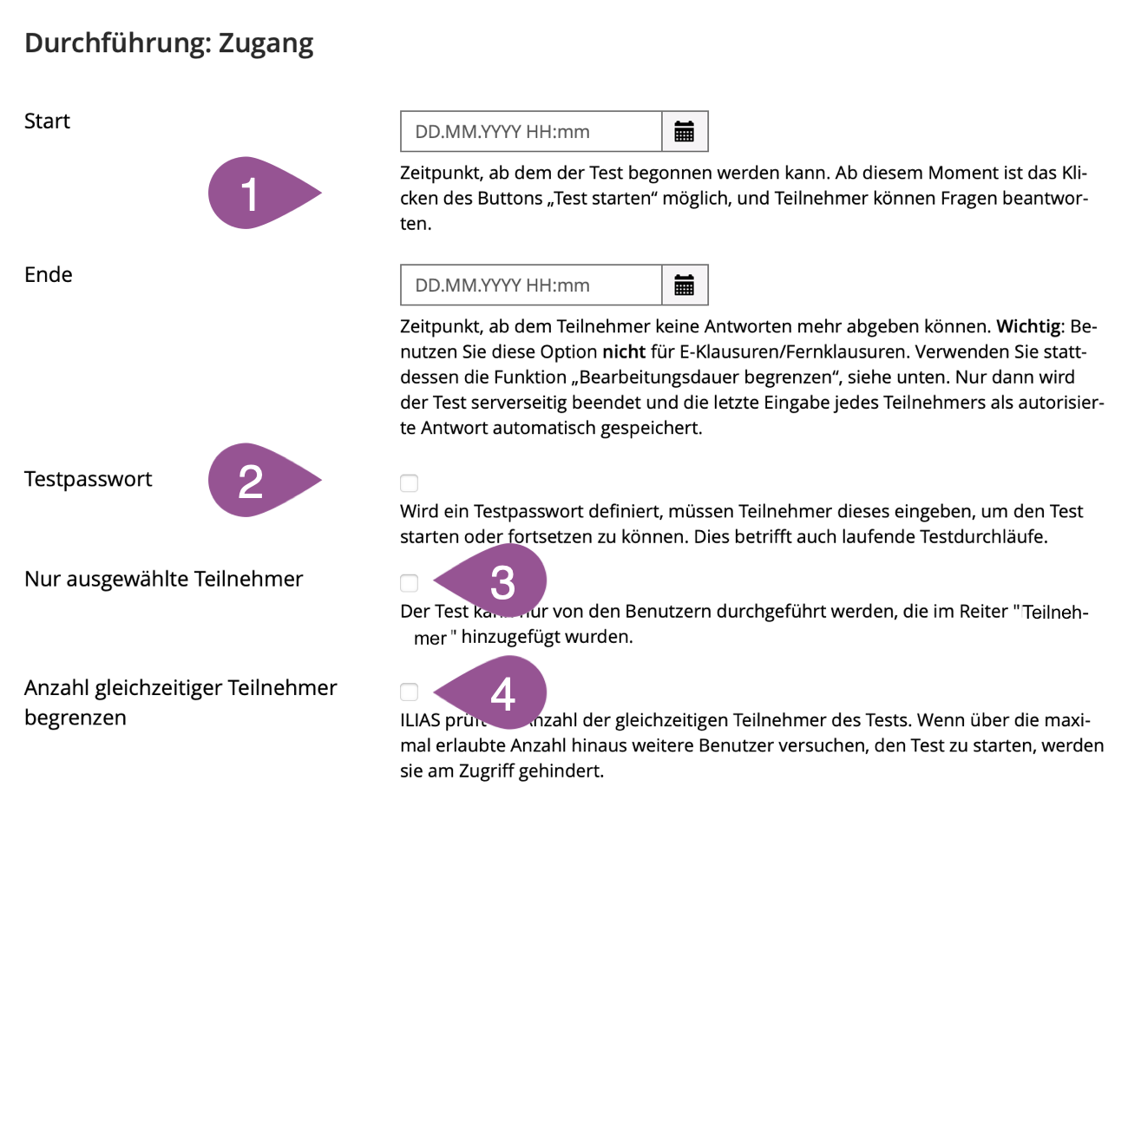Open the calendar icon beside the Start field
[x=685, y=132]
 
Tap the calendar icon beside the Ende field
[x=685, y=285]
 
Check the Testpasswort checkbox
[x=410, y=483]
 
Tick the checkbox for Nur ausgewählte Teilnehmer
[x=410, y=583]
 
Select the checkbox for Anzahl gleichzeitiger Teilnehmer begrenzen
[x=410, y=692]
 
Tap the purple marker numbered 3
[x=499, y=582]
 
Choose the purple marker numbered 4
[x=499, y=693]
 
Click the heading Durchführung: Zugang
[x=169, y=43]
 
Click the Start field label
[x=47, y=121]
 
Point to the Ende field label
[x=49, y=275]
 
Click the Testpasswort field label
[x=89, y=480]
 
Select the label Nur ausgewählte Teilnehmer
[x=164, y=580]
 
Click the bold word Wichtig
[x=1028, y=327]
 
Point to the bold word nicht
[x=624, y=352]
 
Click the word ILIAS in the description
[x=420, y=720]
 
